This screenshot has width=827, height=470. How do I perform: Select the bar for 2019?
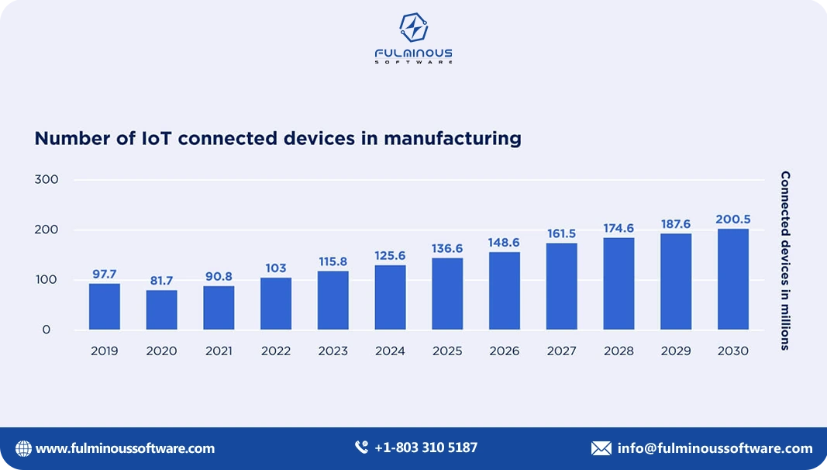[104, 306]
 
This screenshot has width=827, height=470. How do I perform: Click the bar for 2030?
[732, 279]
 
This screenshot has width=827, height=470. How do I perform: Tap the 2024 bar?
[390, 297]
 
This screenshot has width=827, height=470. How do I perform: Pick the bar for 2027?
[561, 286]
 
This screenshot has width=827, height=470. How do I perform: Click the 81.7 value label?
[161, 281]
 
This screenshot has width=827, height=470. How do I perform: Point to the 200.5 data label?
[732, 219]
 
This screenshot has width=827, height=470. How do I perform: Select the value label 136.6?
[447, 248]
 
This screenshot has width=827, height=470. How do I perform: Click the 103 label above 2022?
[276, 268]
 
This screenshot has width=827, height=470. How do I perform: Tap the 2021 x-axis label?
[219, 351]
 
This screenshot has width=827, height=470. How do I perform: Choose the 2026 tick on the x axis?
[505, 351]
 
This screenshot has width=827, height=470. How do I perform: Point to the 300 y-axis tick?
[46, 179]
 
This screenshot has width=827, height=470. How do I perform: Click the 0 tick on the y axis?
[46, 330]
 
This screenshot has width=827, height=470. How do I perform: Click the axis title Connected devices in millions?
[785, 261]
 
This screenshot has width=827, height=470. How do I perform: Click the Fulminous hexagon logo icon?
[413, 28]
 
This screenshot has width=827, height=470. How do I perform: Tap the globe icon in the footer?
[24, 448]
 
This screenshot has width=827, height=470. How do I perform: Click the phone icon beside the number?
[361, 448]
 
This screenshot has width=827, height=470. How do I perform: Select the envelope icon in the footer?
[601, 448]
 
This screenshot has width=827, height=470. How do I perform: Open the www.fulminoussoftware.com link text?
[125, 448]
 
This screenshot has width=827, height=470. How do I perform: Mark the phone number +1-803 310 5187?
[426, 448]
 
